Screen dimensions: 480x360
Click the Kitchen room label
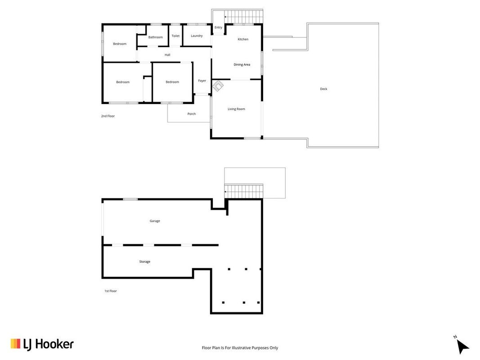243,39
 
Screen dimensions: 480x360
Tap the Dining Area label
242,65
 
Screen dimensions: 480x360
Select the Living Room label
236,109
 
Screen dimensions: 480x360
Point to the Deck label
323,89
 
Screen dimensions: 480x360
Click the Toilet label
176,36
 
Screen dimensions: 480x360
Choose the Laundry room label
197,36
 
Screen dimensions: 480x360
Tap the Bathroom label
156,37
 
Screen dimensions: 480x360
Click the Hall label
167,55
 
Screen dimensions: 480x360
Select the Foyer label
202,81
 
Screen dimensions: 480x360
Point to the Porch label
192,114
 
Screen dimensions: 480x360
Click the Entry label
218,27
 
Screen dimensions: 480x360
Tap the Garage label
155,221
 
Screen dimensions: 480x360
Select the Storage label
145,262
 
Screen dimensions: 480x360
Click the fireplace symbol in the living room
218,86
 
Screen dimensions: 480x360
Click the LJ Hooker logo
42,344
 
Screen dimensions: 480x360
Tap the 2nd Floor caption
108,117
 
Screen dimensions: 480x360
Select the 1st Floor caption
111,291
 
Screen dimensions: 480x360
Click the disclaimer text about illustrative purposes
240,348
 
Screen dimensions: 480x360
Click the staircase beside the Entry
244,17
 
